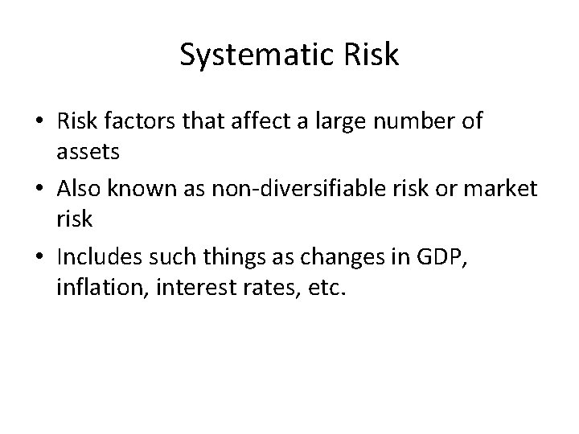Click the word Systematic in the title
[x=246, y=54]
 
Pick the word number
[x=418, y=123]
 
